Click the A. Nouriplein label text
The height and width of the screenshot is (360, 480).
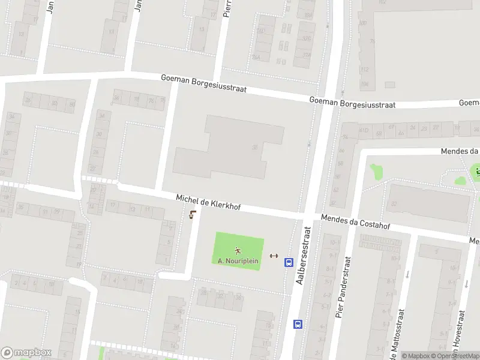click(x=238, y=261)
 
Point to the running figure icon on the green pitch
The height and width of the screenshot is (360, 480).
click(x=238, y=251)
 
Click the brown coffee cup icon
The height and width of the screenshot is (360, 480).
click(x=192, y=215)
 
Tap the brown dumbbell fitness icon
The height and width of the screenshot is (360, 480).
click(x=274, y=256)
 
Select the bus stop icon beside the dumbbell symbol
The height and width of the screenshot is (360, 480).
click(x=289, y=262)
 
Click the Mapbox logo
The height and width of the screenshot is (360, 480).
click(x=26, y=353)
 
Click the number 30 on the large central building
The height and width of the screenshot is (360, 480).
click(x=255, y=147)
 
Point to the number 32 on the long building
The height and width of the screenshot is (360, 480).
click(x=394, y=203)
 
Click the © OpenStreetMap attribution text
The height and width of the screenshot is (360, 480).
click(x=455, y=356)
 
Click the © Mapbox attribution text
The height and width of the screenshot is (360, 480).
click(x=416, y=356)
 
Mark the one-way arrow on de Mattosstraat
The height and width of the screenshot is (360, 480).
click(x=407, y=275)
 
